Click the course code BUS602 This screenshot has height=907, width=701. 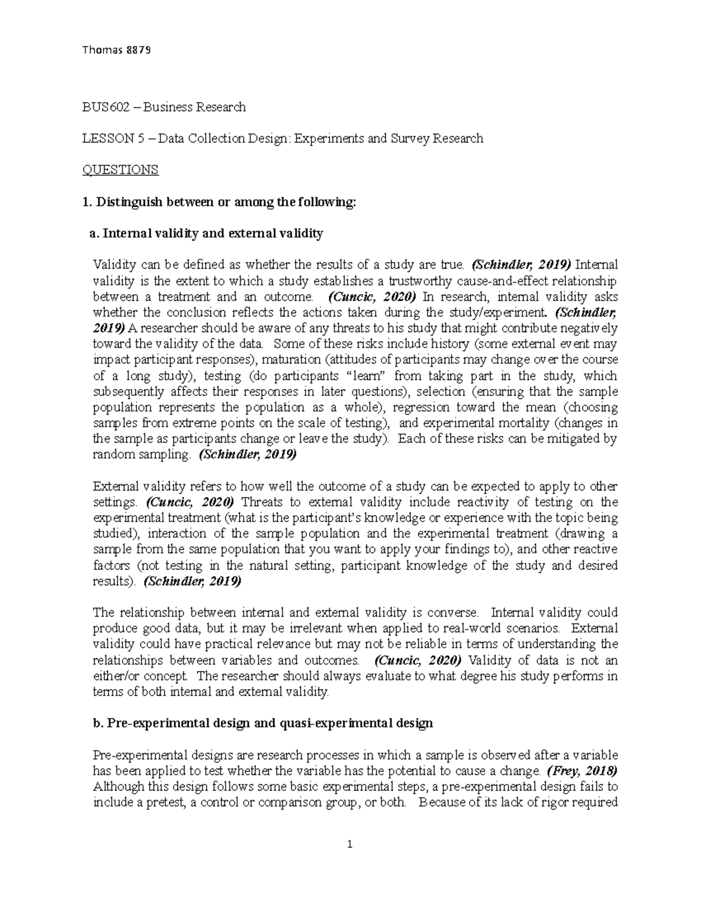pyautogui.click(x=103, y=107)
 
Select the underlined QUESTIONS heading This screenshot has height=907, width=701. pyautogui.click(x=120, y=170)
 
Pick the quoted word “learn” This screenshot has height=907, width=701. pyautogui.click(x=365, y=376)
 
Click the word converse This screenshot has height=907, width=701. pyautogui.click(x=453, y=613)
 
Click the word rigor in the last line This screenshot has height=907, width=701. pyautogui.click(x=553, y=802)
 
